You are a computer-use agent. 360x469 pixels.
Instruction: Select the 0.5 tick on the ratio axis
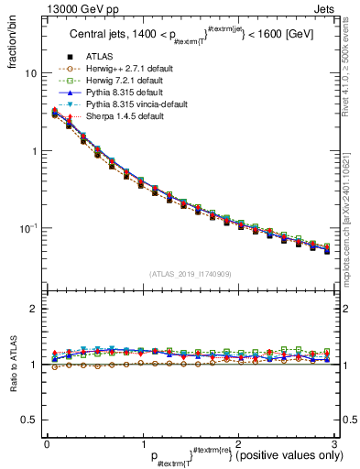point(31,420)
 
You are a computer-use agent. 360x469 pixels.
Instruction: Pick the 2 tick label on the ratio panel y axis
point(36,310)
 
